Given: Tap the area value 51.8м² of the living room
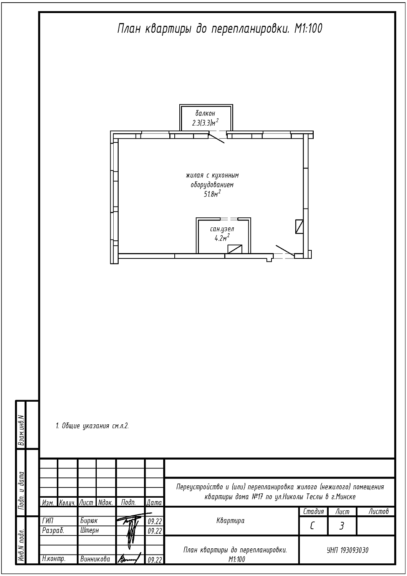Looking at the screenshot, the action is coord(212,194).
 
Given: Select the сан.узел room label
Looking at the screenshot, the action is coord(222,228).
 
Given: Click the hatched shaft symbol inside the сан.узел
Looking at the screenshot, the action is coord(235,249).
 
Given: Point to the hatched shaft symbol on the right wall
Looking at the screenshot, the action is coord(299,227).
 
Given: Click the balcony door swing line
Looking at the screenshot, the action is coord(217,138).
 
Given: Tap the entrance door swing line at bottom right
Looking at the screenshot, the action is coord(285,250).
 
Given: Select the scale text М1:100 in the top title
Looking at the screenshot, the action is coord(308,28).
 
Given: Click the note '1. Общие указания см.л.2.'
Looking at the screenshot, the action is coord(92,426).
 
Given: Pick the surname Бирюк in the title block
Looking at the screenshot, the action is coord(89,521).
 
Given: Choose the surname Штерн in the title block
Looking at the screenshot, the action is coord(89,530).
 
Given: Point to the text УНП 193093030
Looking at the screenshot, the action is coord(347,550).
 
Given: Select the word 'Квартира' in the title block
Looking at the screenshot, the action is coord(230,521).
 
